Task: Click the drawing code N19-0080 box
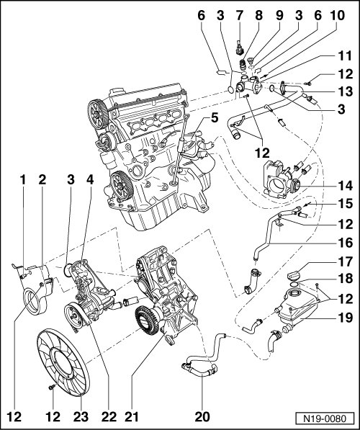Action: click(325, 418)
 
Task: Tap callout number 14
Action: click(345, 186)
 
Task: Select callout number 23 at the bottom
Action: click(81, 416)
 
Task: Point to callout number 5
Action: click(215, 118)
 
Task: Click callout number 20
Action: click(202, 416)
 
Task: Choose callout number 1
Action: click(23, 179)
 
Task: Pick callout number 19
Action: click(345, 318)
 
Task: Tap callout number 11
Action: click(345, 56)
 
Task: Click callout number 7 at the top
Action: click(239, 16)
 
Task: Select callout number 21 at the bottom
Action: click(132, 416)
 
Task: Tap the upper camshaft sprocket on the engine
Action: click(98, 115)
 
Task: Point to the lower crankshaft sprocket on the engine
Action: click(122, 187)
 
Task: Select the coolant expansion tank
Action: click(298, 306)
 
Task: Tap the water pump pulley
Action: click(73, 317)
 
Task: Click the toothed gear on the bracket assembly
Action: click(146, 321)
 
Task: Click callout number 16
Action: click(345, 243)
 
